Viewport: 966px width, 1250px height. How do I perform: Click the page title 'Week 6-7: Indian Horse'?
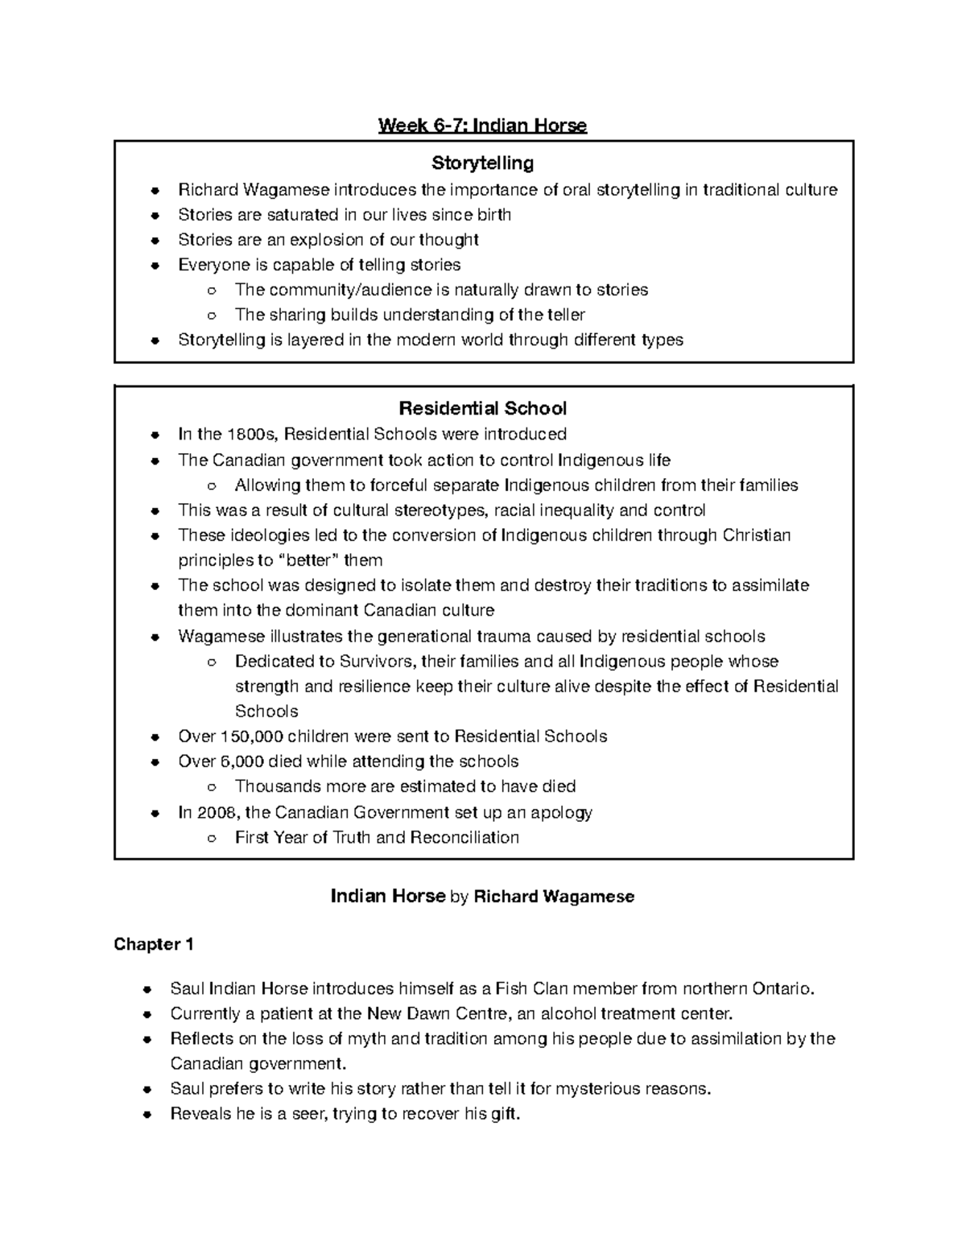pyautogui.click(x=483, y=126)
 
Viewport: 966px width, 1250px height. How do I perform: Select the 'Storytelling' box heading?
pyautogui.click(x=483, y=163)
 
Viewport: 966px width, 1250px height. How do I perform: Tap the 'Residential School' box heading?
pyautogui.click(x=483, y=408)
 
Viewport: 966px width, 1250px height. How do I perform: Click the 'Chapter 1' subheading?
pyautogui.click(x=154, y=944)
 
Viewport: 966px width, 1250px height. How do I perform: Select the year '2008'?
pyautogui.click(x=217, y=812)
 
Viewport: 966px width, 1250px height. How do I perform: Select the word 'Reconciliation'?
pyautogui.click(x=464, y=837)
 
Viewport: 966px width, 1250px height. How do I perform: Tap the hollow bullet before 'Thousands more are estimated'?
pyautogui.click(x=212, y=787)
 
